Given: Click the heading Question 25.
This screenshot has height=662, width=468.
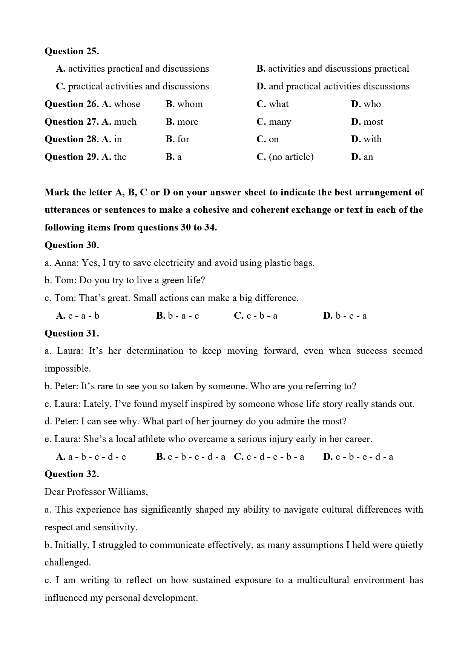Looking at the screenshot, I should pos(72,51).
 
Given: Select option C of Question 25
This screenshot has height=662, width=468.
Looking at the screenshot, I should pos(132,86).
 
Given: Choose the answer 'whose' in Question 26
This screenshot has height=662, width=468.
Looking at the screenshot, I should pos(127,104).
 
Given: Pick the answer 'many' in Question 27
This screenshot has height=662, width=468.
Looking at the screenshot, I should pos(279,122).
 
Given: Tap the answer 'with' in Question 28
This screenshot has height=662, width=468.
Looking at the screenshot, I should pos(372,139).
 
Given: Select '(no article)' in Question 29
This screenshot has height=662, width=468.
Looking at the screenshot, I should pos(291,157).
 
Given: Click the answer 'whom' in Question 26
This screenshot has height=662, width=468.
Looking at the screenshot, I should pos(190,104).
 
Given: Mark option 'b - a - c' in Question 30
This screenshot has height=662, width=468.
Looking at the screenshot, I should pos(183,316).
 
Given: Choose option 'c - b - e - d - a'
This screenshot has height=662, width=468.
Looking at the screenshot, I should pos(364,457).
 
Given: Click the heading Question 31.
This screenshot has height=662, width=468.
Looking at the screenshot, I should pos(72,333).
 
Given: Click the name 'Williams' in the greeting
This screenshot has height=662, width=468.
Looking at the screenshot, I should pos(127,492).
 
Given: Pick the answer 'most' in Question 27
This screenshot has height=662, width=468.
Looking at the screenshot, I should pos(373,122).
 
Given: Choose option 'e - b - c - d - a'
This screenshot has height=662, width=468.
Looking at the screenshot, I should pos(196,457).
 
